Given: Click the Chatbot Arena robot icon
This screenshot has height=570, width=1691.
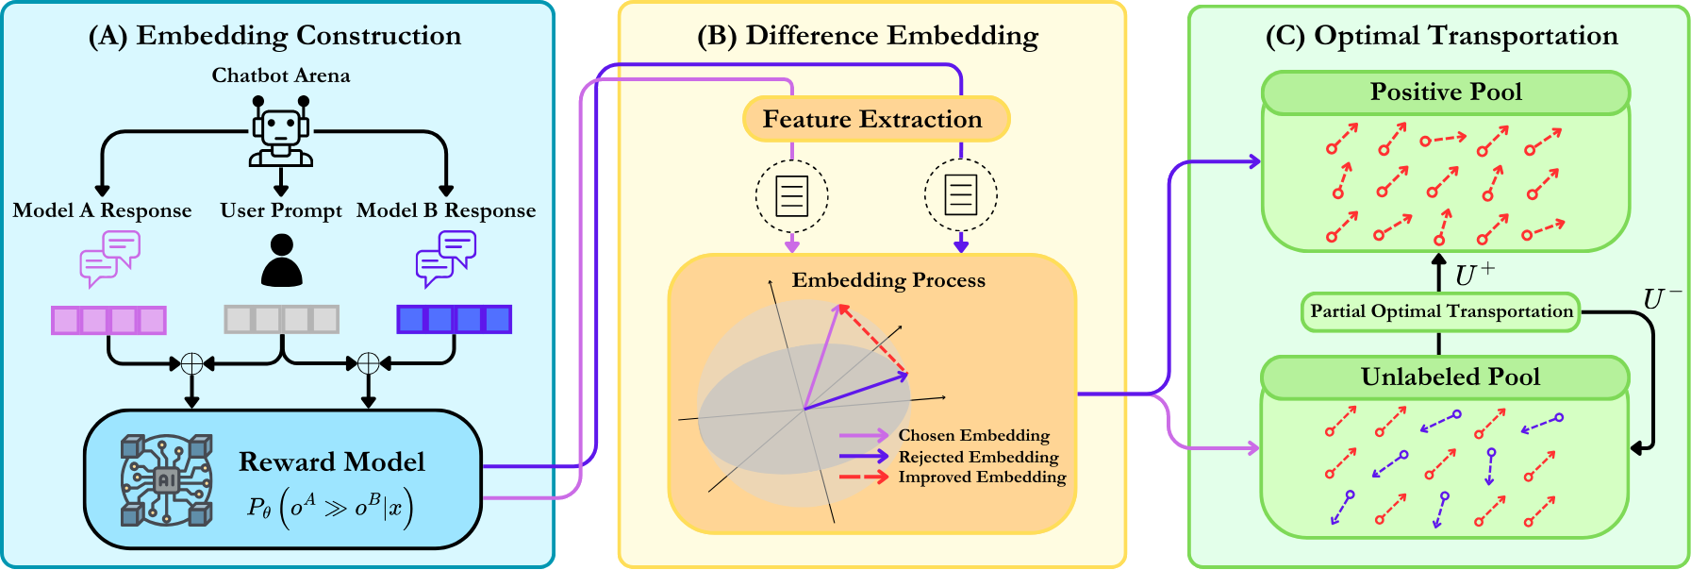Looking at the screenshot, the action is tap(281, 131).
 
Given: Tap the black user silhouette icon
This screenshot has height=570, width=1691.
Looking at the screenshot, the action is tap(281, 260).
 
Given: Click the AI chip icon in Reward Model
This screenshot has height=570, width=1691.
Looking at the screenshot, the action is tap(166, 479).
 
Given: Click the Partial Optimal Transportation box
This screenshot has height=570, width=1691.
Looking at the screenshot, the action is tap(1441, 311).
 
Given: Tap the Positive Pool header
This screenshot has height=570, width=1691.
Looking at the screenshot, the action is tap(1446, 92).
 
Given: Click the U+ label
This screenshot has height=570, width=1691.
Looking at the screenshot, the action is tap(1474, 275).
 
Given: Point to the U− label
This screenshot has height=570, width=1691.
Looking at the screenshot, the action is tap(1662, 299).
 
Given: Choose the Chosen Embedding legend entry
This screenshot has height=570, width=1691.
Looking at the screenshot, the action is tap(944, 435).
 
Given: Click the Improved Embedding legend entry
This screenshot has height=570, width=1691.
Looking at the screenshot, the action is tap(953, 477).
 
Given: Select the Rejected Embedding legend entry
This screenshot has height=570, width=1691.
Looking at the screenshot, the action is tap(949, 457).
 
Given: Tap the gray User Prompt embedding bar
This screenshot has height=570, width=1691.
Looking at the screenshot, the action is tap(281, 319).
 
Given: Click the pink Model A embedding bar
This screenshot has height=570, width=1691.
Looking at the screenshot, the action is tap(108, 320).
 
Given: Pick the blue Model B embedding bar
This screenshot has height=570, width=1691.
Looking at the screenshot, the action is tap(455, 319).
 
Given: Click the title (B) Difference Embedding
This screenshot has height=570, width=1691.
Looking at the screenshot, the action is tap(868, 36).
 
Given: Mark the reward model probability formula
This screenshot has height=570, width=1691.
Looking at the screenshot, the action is tap(330, 508).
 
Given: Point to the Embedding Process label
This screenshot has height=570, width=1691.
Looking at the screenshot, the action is tap(888, 280).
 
